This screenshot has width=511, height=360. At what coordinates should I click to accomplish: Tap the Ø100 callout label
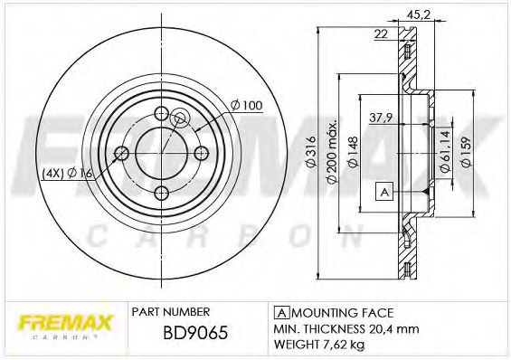[x=246, y=106]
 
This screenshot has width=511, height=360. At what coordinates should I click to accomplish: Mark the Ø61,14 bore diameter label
[x=445, y=152]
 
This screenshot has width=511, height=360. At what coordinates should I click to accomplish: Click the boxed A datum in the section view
[x=385, y=191]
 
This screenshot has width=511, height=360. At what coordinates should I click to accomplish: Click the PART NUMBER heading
[x=171, y=310]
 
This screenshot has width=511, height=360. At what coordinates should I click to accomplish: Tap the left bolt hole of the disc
[x=121, y=153]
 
